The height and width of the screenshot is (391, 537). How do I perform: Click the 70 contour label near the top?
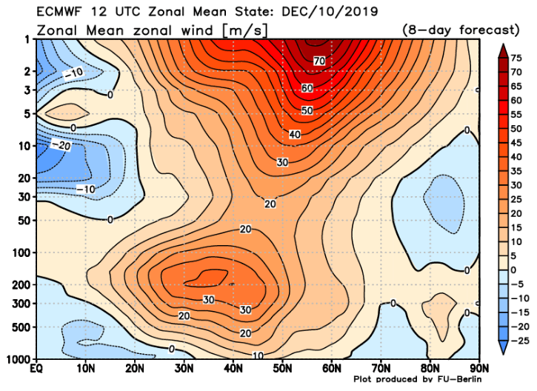[x=320, y=60]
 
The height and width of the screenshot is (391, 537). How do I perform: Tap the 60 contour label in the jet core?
[x=307, y=88]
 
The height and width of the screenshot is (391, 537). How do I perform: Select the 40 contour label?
[x=294, y=135]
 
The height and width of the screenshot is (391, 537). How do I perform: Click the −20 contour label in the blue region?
[x=64, y=146]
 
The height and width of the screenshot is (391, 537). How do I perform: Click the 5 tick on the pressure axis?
[x=26, y=114]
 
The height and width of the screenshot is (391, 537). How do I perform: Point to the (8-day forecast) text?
[x=461, y=30]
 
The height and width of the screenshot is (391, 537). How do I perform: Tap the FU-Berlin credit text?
[x=452, y=380]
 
